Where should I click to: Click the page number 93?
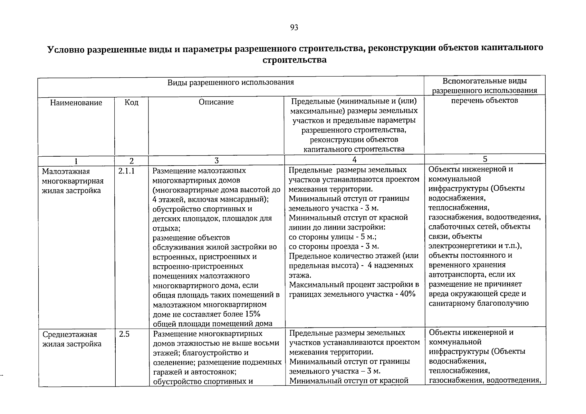[294, 28]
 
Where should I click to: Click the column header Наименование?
[76, 102]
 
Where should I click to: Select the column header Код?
[132, 102]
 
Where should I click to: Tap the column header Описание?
[216, 102]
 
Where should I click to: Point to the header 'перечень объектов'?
[484, 100]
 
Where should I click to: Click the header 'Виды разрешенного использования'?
[231, 82]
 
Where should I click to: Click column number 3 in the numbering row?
[216, 160]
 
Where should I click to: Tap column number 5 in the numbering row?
[485, 159]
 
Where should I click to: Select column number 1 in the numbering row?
[76, 161]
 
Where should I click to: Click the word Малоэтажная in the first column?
[61, 171]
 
